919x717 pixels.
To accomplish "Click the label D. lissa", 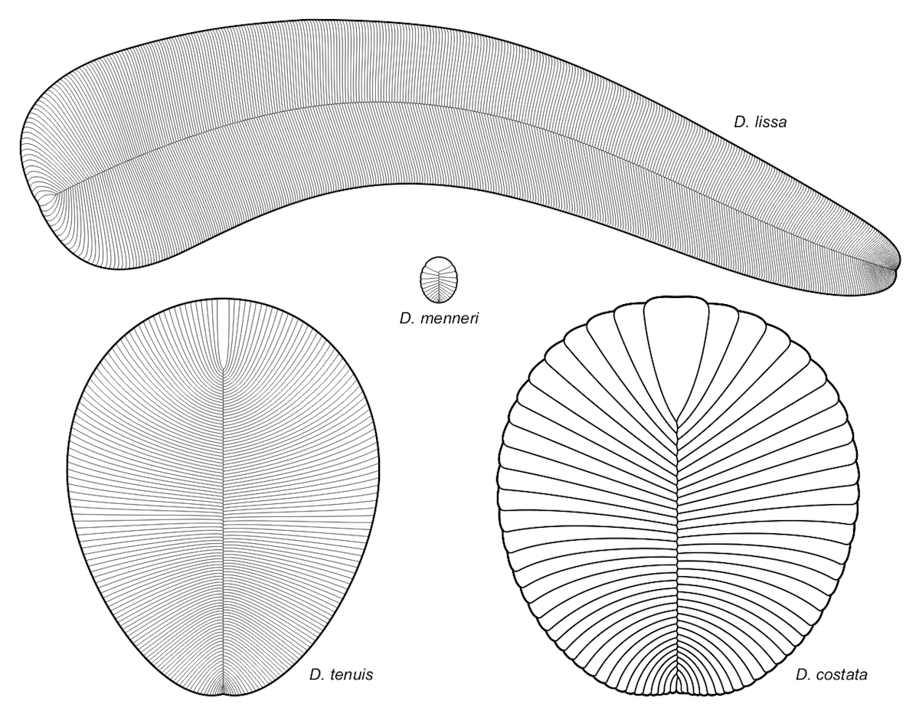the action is (x=760, y=123).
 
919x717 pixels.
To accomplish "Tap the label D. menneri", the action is (x=439, y=319).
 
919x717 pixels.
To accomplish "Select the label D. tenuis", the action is (x=342, y=675).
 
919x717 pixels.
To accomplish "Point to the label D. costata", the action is (x=832, y=675).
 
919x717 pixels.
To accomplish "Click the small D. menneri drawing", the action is (x=439, y=280).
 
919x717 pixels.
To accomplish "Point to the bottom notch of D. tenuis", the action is (x=224, y=694).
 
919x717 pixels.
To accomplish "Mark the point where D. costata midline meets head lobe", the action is (x=678, y=419).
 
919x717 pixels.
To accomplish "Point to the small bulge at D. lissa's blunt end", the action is (x=44, y=205).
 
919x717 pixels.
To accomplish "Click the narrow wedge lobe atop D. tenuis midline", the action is (x=224, y=334).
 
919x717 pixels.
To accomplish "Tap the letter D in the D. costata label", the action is (x=801, y=675).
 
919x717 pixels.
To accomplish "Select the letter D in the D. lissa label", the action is (x=739, y=123).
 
